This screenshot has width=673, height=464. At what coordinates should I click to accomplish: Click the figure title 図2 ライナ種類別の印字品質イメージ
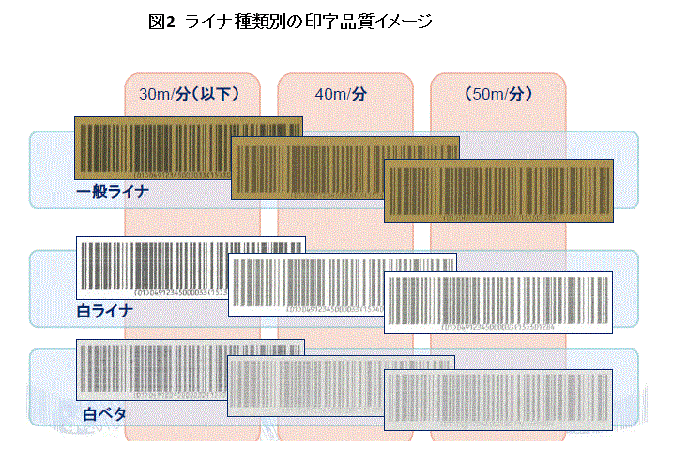click(291, 22)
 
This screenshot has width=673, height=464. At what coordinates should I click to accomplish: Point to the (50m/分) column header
click(498, 94)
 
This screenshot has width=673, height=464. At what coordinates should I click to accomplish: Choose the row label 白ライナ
click(104, 309)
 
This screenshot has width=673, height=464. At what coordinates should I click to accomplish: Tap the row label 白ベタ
click(104, 412)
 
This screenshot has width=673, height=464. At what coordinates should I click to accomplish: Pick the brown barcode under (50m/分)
click(498, 190)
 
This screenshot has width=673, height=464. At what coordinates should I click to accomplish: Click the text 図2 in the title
click(162, 22)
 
